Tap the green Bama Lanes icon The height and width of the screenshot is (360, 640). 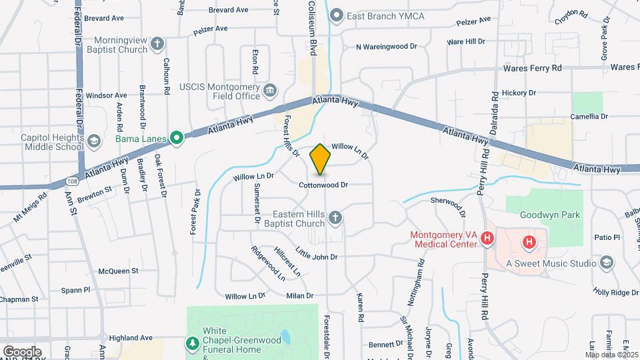click(x=177, y=139)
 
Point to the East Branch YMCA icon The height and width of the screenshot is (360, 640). click(x=337, y=15)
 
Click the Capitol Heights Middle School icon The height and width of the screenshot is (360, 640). click(x=94, y=141)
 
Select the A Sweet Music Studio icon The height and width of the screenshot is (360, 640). click(x=606, y=263)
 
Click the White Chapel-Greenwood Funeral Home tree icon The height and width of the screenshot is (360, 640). click(x=193, y=342)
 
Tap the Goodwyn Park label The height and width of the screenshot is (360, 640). click(x=552, y=215)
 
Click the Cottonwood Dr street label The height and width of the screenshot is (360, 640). click(x=323, y=185)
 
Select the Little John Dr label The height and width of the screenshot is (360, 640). click(x=317, y=254)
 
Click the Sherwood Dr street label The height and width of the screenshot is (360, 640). click(x=448, y=205)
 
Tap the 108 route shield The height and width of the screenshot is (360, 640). click(x=72, y=181)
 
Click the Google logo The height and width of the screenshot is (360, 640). click(x=21, y=351)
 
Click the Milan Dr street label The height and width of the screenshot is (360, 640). click(x=300, y=295)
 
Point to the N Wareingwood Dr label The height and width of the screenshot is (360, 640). click(x=386, y=47)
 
